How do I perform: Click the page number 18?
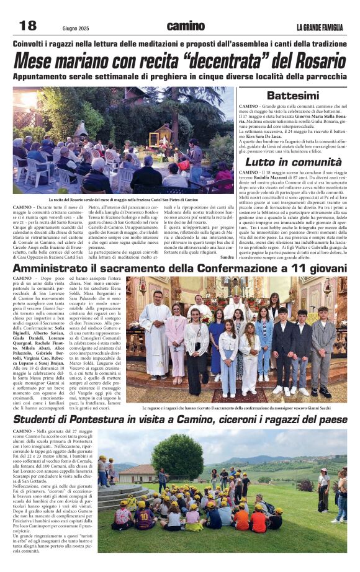point(27,25)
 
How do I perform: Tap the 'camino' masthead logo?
point(185,26)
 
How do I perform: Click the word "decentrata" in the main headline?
point(214,61)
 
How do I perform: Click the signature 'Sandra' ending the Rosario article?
point(227,256)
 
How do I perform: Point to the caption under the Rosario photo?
point(124,200)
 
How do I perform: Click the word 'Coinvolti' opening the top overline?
point(34,43)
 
